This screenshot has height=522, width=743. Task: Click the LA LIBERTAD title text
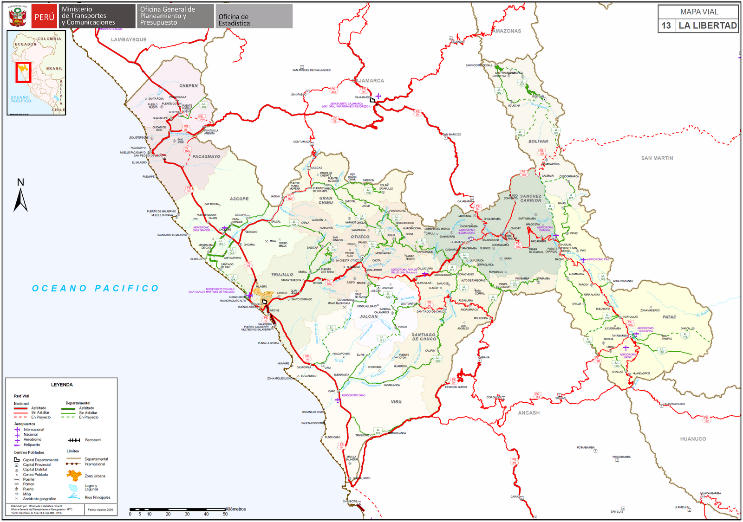point(707,26)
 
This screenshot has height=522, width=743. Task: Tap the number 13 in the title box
point(666,26)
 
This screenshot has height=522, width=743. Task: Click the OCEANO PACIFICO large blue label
point(96,288)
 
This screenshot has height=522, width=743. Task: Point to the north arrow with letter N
point(20,195)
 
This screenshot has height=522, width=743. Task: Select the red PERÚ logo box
point(45,17)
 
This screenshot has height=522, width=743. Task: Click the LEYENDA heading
point(62,385)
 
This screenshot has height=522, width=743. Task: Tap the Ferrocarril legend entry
point(93,440)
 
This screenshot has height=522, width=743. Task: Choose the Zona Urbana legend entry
point(95,476)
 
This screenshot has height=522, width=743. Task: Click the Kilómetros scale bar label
point(235,509)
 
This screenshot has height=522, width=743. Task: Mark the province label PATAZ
point(669,317)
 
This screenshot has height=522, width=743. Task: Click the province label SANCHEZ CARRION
point(531,198)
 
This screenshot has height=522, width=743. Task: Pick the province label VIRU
point(396,401)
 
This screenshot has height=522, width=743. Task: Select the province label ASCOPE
point(239,199)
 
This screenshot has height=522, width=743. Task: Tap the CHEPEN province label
point(189,85)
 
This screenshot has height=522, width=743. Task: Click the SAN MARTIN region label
point(657,158)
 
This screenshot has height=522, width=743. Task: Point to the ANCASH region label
point(529,412)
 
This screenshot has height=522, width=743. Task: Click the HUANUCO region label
point(693,438)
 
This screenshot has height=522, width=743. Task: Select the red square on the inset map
point(23,72)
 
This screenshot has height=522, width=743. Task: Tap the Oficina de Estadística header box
point(254,17)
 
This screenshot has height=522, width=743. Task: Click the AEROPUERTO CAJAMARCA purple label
point(346,105)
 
